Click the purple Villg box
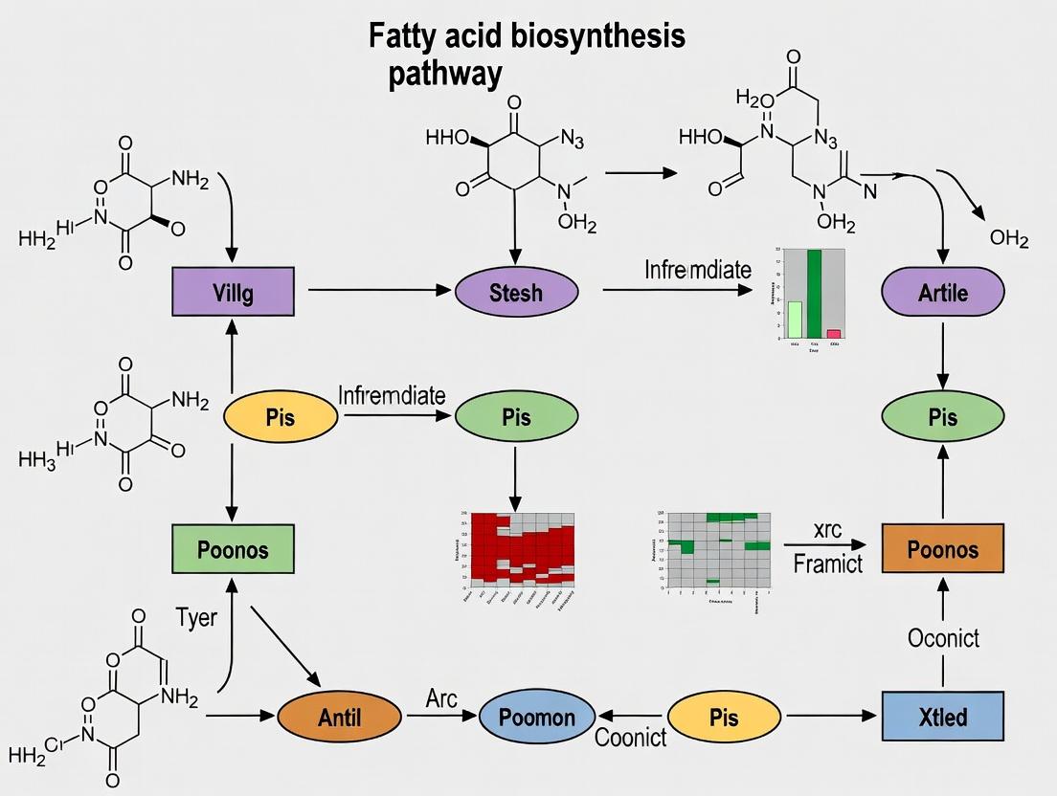pyautogui.click(x=233, y=292)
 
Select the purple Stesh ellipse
pyautogui.click(x=517, y=292)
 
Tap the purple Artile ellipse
pyautogui.click(x=943, y=292)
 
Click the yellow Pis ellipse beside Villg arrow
pyautogui.click(x=281, y=418)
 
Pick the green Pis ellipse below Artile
pyautogui.click(x=943, y=418)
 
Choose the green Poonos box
pyautogui.click(x=233, y=549)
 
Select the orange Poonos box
pyautogui.click(x=943, y=549)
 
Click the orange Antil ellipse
pyautogui.click(x=339, y=717)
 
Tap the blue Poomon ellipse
pyautogui.click(x=536, y=717)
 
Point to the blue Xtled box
pyautogui.click(x=943, y=717)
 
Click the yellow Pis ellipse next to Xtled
pyautogui.click(x=725, y=717)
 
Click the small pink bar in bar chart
pyautogui.click(x=834, y=334)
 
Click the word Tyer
pyautogui.click(x=197, y=617)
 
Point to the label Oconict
pyautogui.click(x=943, y=636)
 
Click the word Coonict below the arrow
pyautogui.click(x=630, y=739)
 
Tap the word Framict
pyautogui.click(x=828, y=564)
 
